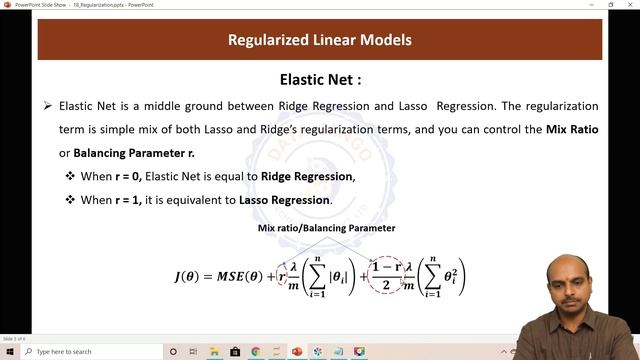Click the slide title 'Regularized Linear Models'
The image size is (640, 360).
[320, 41]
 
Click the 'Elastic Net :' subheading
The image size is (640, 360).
[320, 80]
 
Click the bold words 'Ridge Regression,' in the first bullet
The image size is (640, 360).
[308, 176]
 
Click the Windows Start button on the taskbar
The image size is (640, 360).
[9, 352]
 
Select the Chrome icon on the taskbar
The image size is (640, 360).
[256, 352]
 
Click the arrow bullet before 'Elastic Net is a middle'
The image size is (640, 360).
[47, 106]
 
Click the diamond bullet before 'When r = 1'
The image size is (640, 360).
[70, 200]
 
